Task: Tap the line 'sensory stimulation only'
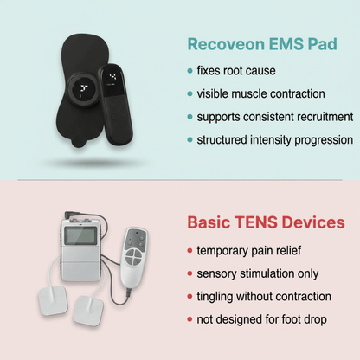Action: pyautogui.click(x=256, y=273)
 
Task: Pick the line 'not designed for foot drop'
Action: pyautogui.click(x=260, y=320)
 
